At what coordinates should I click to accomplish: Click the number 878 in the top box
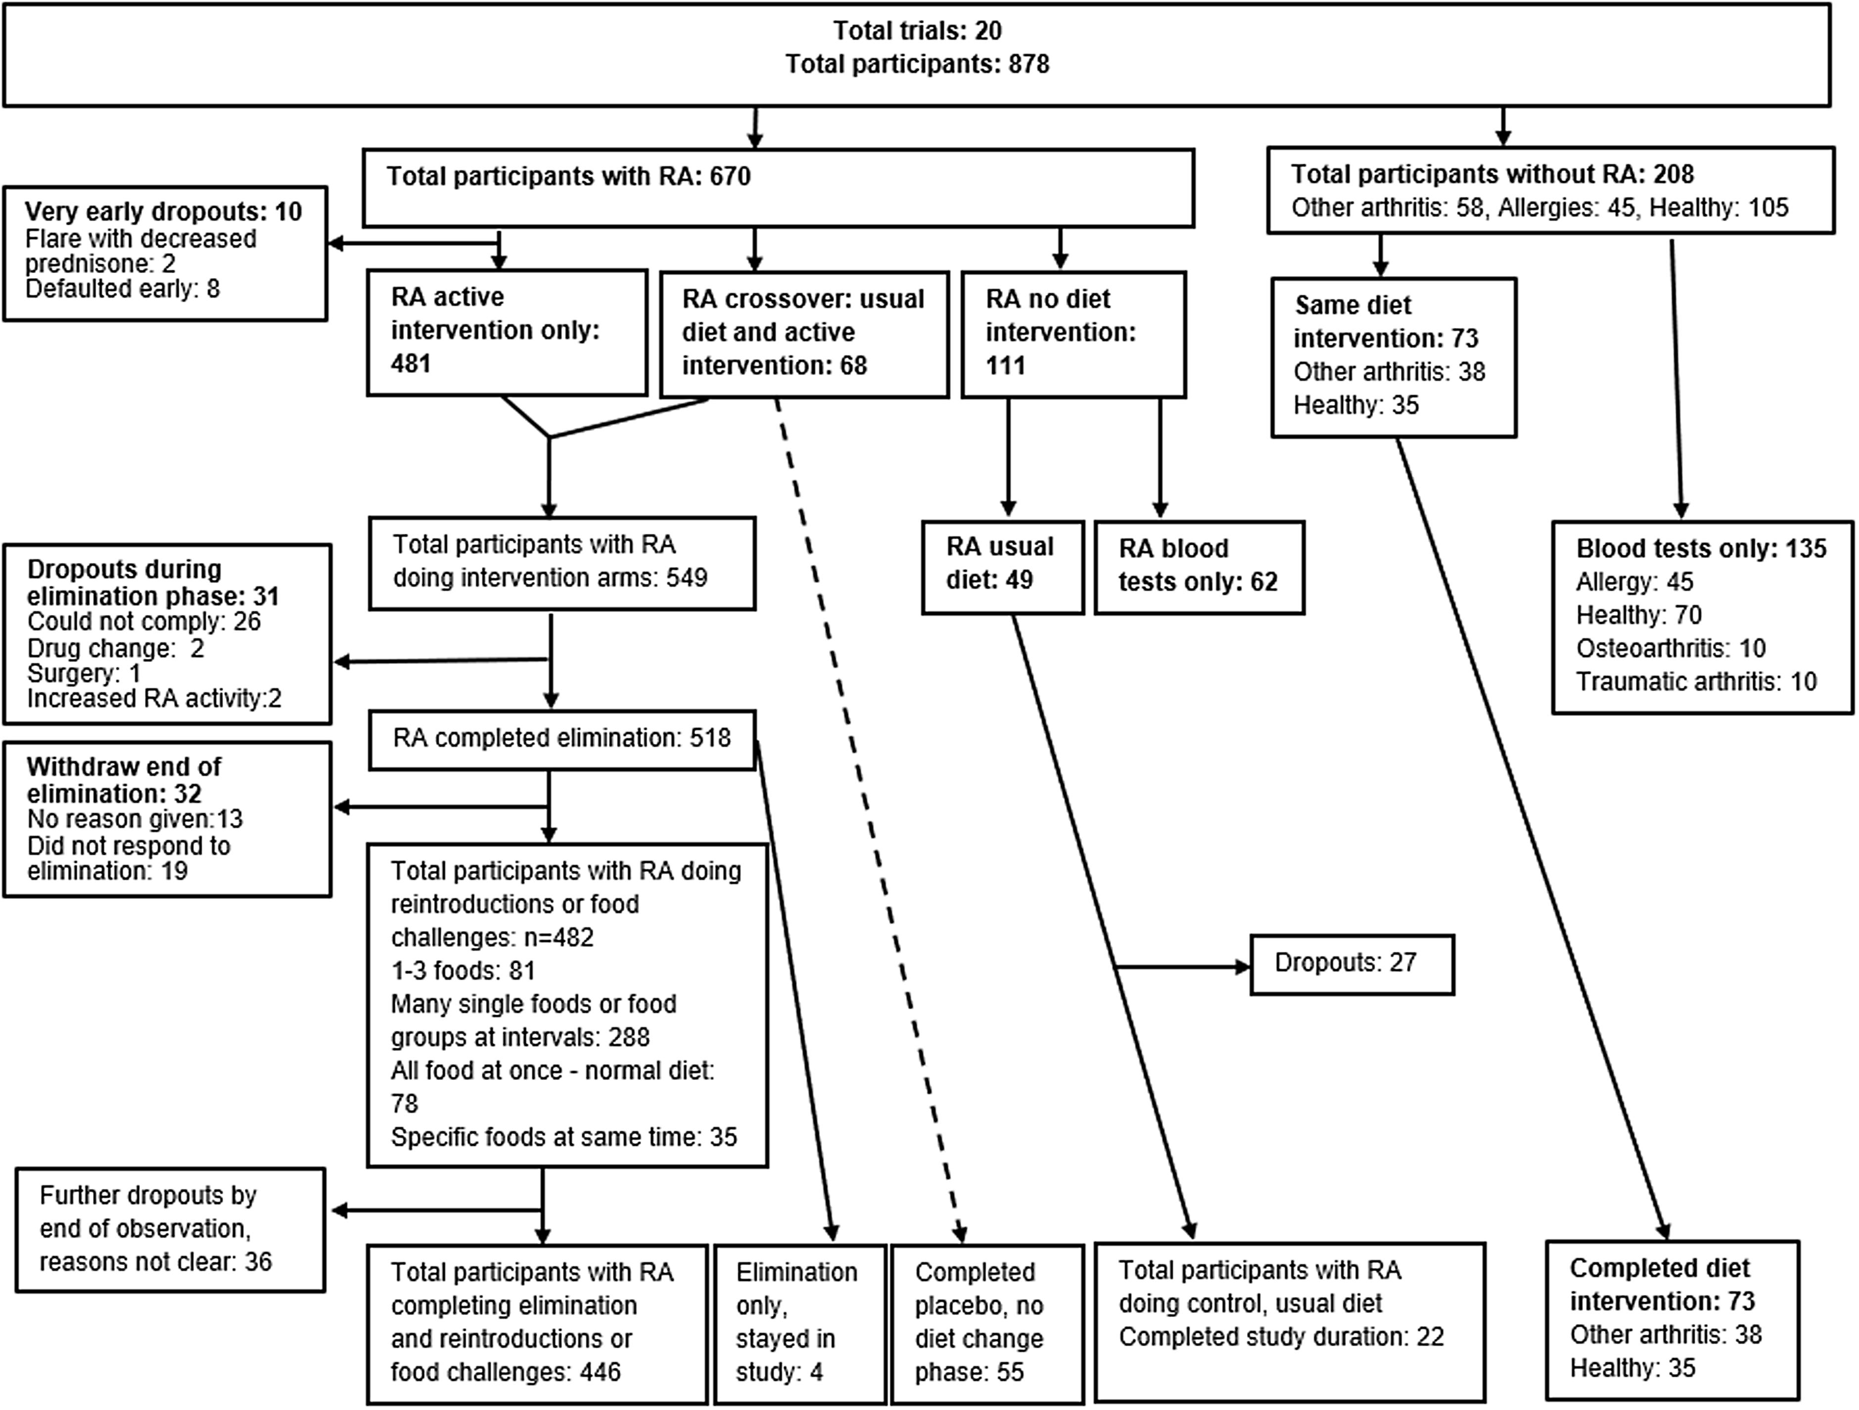[1023, 65]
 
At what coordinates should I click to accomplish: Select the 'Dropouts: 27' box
[1352, 965]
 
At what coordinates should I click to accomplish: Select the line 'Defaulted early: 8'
[123, 289]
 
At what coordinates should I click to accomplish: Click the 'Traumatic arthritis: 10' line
[1696, 681]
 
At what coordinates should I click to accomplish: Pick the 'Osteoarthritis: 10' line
[1671, 649]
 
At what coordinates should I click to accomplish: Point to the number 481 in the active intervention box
[411, 364]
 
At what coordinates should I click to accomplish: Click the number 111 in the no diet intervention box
[1005, 366]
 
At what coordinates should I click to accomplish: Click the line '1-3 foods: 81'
[463, 971]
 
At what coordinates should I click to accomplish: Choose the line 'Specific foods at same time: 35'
[564, 1137]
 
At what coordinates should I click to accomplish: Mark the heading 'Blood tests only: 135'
[1701, 549]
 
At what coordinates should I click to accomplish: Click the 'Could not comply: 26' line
[144, 622]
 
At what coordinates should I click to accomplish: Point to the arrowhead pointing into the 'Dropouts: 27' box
[1242, 967]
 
